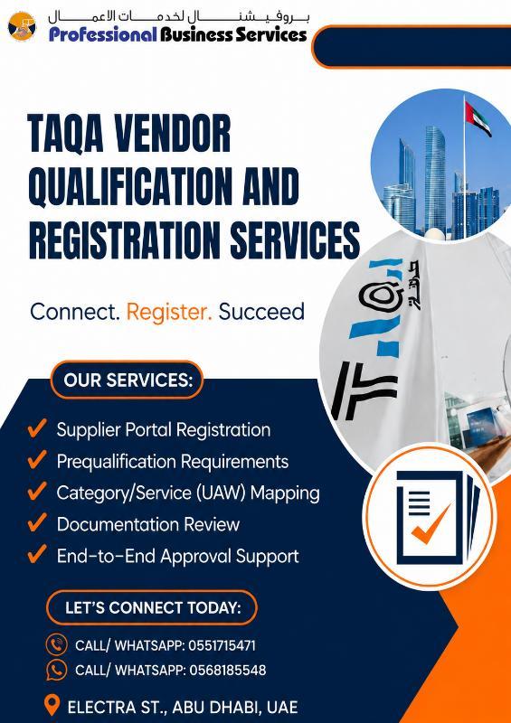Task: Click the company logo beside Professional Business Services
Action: coord(22,26)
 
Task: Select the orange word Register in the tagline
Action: coord(169,312)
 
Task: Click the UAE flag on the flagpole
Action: coord(478,118)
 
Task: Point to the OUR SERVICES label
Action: coord(128,380)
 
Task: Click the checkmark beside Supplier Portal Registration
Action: coord(36,427)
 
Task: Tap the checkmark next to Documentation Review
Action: coord(36,522)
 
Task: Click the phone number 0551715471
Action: coord(222,645)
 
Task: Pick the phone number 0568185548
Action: coord(228,670)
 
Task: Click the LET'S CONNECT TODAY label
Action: coord(153,607)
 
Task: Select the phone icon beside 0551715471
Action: coord(57,644)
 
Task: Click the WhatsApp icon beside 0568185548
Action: coord(57,670)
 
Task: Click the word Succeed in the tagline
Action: coord(261,312)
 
